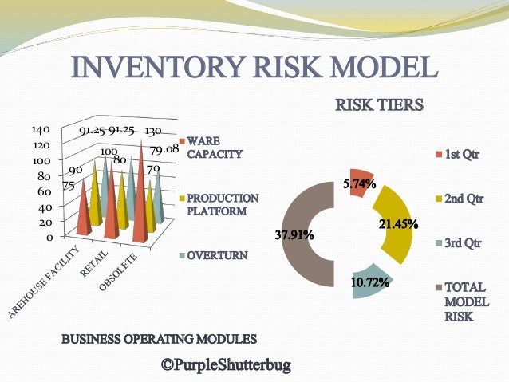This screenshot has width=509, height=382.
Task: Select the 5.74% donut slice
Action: (358, 183)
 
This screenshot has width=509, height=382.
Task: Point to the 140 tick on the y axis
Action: (41, 128)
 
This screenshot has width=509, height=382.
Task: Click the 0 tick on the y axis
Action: (48, 237)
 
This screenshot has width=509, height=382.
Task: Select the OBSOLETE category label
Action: (122, 273)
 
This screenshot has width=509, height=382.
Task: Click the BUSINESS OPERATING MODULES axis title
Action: (160, 338)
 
